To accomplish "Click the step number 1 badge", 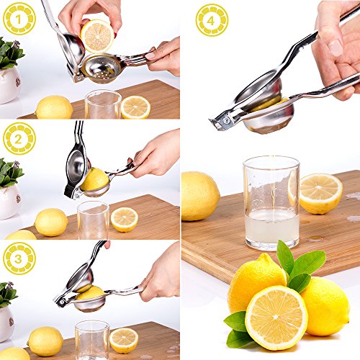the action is tap(19, 19).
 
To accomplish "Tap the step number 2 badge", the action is tap(19, 138).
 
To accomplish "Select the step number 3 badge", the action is tap(19, 258).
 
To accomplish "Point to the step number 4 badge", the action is tap(212, 20).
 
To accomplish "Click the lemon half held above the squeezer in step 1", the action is tap(97, 36).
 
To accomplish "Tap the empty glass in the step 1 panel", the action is tap(103, 104).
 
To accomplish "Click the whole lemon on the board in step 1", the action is tap(54, 107).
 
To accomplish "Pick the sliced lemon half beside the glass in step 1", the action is tap(135, 107).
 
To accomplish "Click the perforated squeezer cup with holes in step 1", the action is tap(102, 68).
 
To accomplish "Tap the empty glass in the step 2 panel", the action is tap(93, 220).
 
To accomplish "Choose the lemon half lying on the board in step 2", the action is tap(125, 220).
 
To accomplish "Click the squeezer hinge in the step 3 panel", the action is tap(62, 301).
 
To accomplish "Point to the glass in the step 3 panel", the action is tap(92, 340).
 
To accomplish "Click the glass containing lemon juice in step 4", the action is tap(271, 203).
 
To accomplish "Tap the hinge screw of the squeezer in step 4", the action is tap(226, 120).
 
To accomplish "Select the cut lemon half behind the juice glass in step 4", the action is tap(318, 193).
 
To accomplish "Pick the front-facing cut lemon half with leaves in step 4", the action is tap(276, 318).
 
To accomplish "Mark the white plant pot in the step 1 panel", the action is tap(9, 85).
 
